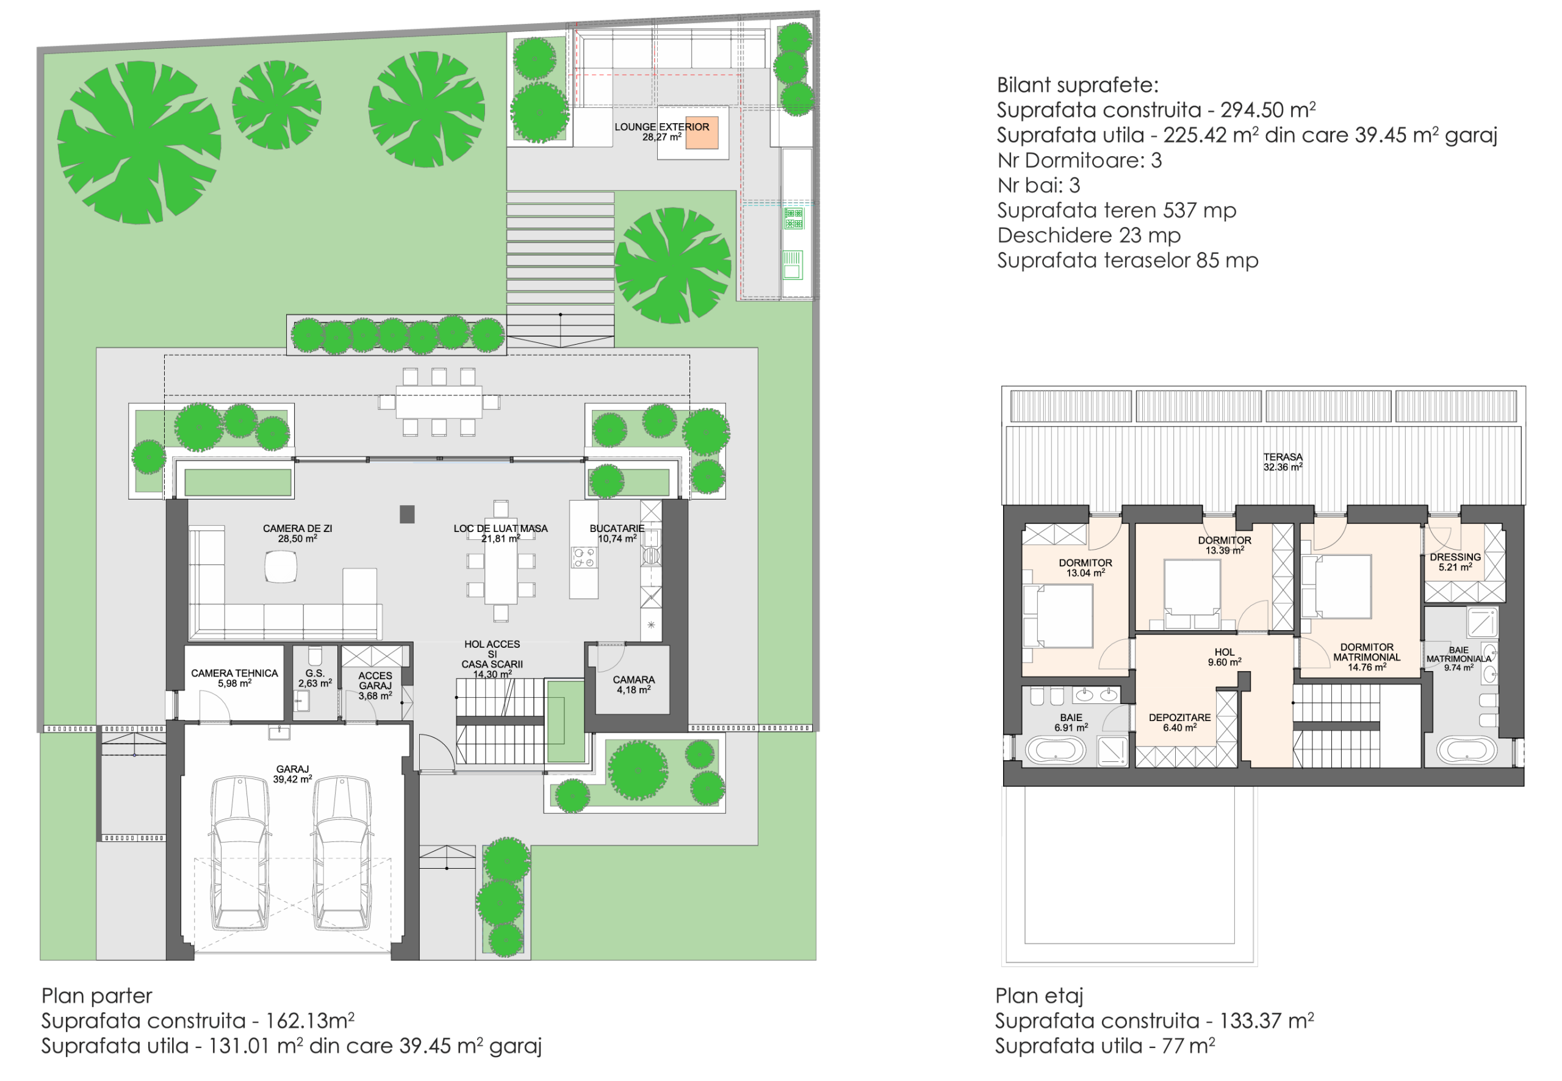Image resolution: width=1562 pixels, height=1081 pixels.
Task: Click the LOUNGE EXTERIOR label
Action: pos(661,127)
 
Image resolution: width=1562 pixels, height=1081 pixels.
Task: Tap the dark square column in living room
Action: pos(406,515)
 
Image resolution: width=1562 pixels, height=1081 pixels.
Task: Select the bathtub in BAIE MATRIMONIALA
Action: pos(1466,750)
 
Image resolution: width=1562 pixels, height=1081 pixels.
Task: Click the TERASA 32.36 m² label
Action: pos(1283,462)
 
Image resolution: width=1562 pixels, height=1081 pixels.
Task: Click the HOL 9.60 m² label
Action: pos(1224,657)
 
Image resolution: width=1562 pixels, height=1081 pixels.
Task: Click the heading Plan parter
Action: pos(97,996)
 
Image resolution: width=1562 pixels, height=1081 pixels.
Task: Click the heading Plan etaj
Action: pos(1039,996)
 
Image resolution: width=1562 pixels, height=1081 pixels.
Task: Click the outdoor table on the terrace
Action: pos(439,401)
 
